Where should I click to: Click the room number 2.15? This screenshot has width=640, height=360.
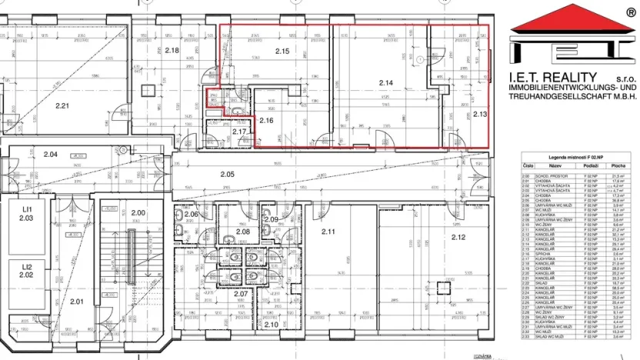(282, 52)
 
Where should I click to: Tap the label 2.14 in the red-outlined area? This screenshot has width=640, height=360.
(385, 82)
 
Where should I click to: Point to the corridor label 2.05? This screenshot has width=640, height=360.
(227, 175)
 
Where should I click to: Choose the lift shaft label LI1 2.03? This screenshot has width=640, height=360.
(26, 213)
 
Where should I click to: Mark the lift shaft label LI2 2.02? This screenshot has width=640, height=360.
(26, 269)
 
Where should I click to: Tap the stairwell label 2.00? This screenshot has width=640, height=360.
(138, 213)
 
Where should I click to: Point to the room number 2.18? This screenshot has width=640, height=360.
(172, 51)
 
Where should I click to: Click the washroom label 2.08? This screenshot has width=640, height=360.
(243, 231)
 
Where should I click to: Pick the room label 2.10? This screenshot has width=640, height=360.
(270, 325)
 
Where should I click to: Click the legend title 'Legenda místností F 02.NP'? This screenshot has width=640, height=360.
(574, 156)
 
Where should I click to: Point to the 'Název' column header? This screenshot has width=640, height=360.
(554, 165)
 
